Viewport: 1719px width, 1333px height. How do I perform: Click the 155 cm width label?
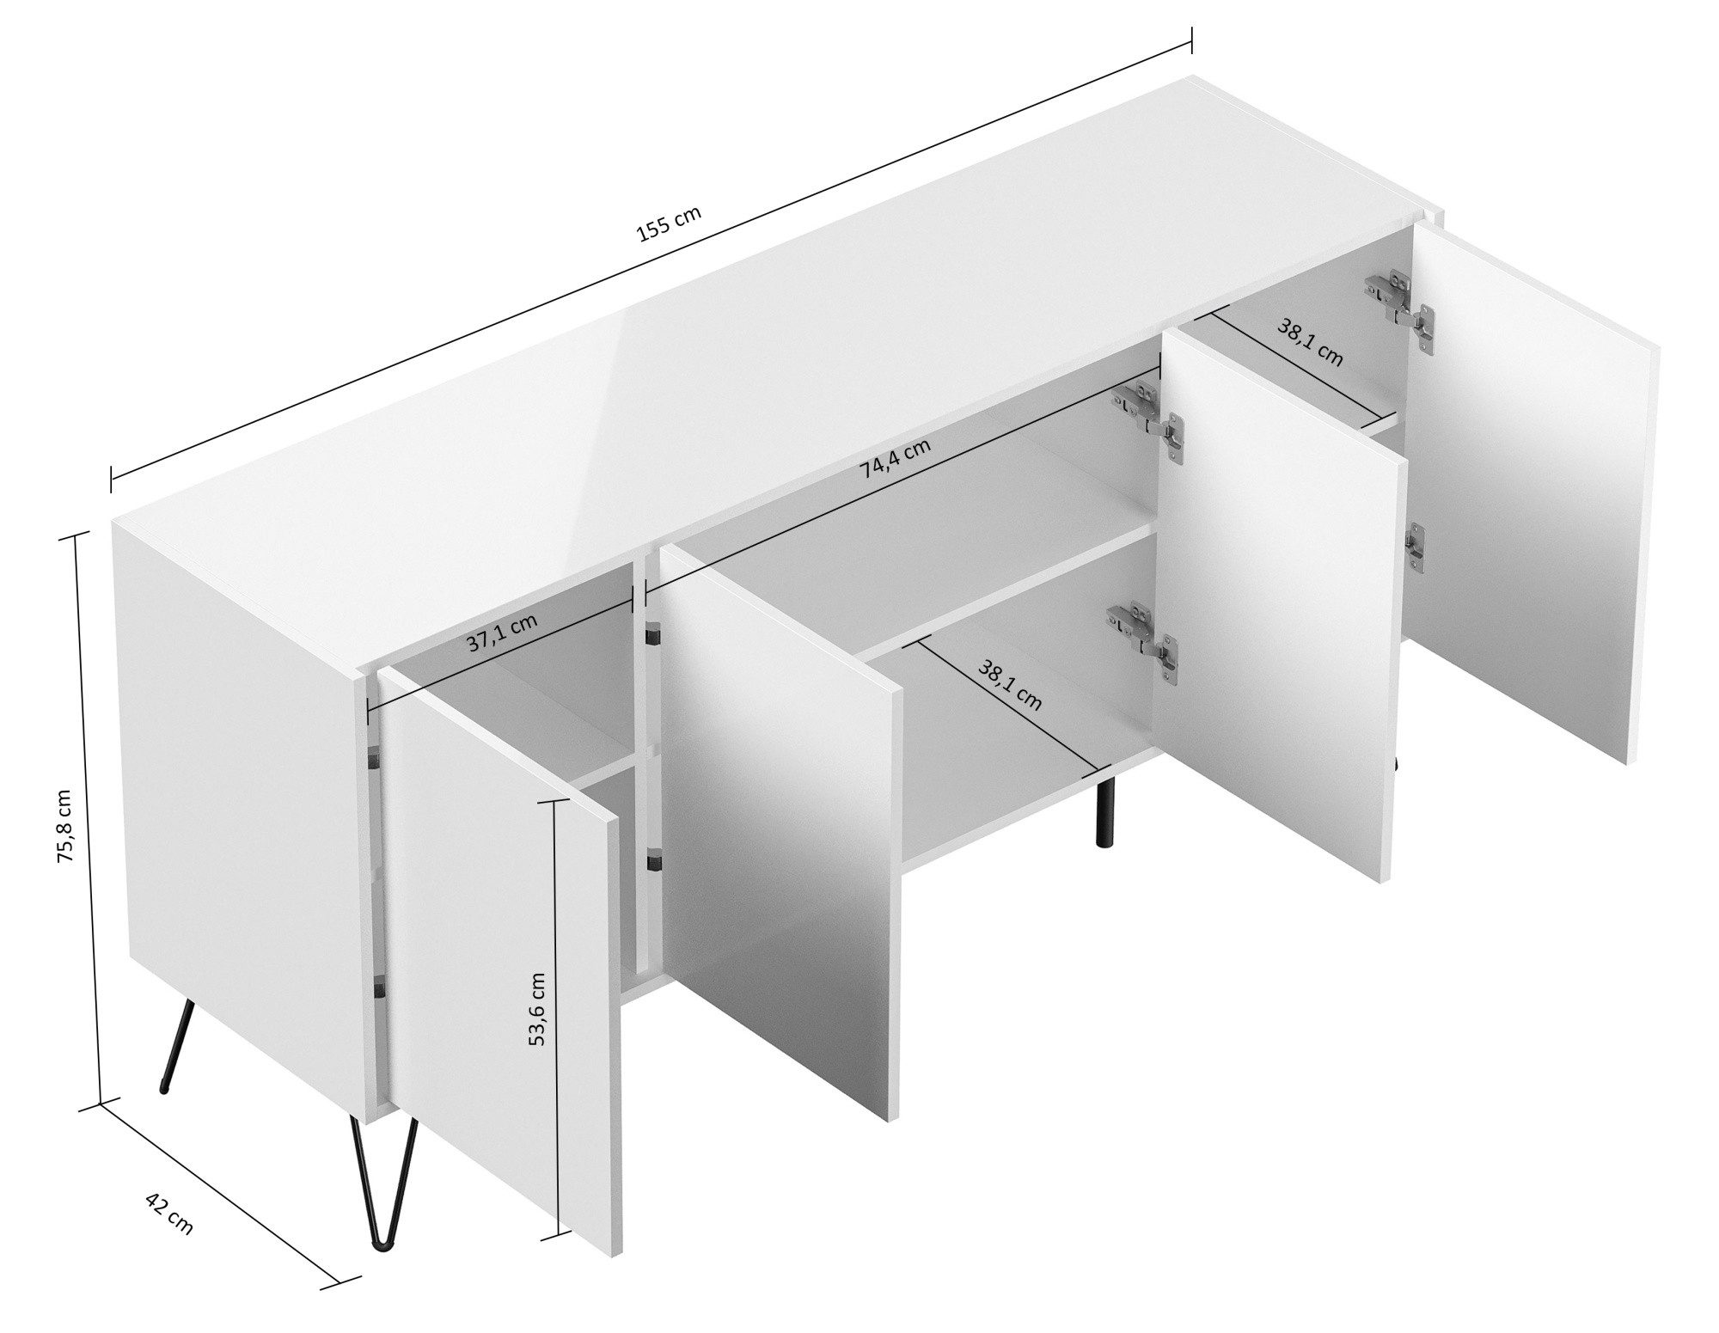(669, 224)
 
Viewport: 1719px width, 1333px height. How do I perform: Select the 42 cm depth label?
(168, 1214)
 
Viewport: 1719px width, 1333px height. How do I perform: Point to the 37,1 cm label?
(503, 633)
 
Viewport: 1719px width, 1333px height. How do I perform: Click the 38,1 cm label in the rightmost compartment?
(1309, 343)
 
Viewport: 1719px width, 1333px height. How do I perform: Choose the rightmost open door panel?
(1530, 498)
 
